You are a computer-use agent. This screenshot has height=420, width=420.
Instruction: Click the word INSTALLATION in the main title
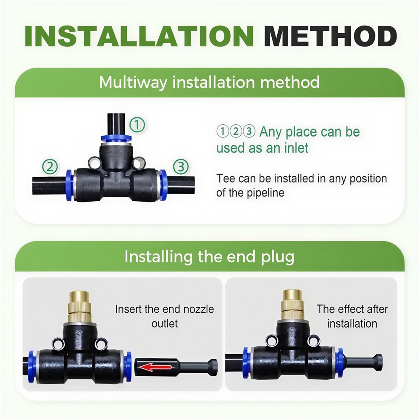coord(139,37)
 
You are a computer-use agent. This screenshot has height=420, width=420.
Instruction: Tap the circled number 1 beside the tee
coord(137,125)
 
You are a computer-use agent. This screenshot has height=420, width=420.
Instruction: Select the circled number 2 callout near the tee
coord(50,167)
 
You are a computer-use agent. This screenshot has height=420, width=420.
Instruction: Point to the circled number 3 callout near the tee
coord(181,167)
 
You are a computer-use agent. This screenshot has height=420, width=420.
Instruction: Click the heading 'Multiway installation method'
coord(210,82)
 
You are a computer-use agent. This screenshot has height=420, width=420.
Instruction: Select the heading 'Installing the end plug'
coord(210,257)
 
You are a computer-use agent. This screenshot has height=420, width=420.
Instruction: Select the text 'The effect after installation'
coord(352,316)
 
